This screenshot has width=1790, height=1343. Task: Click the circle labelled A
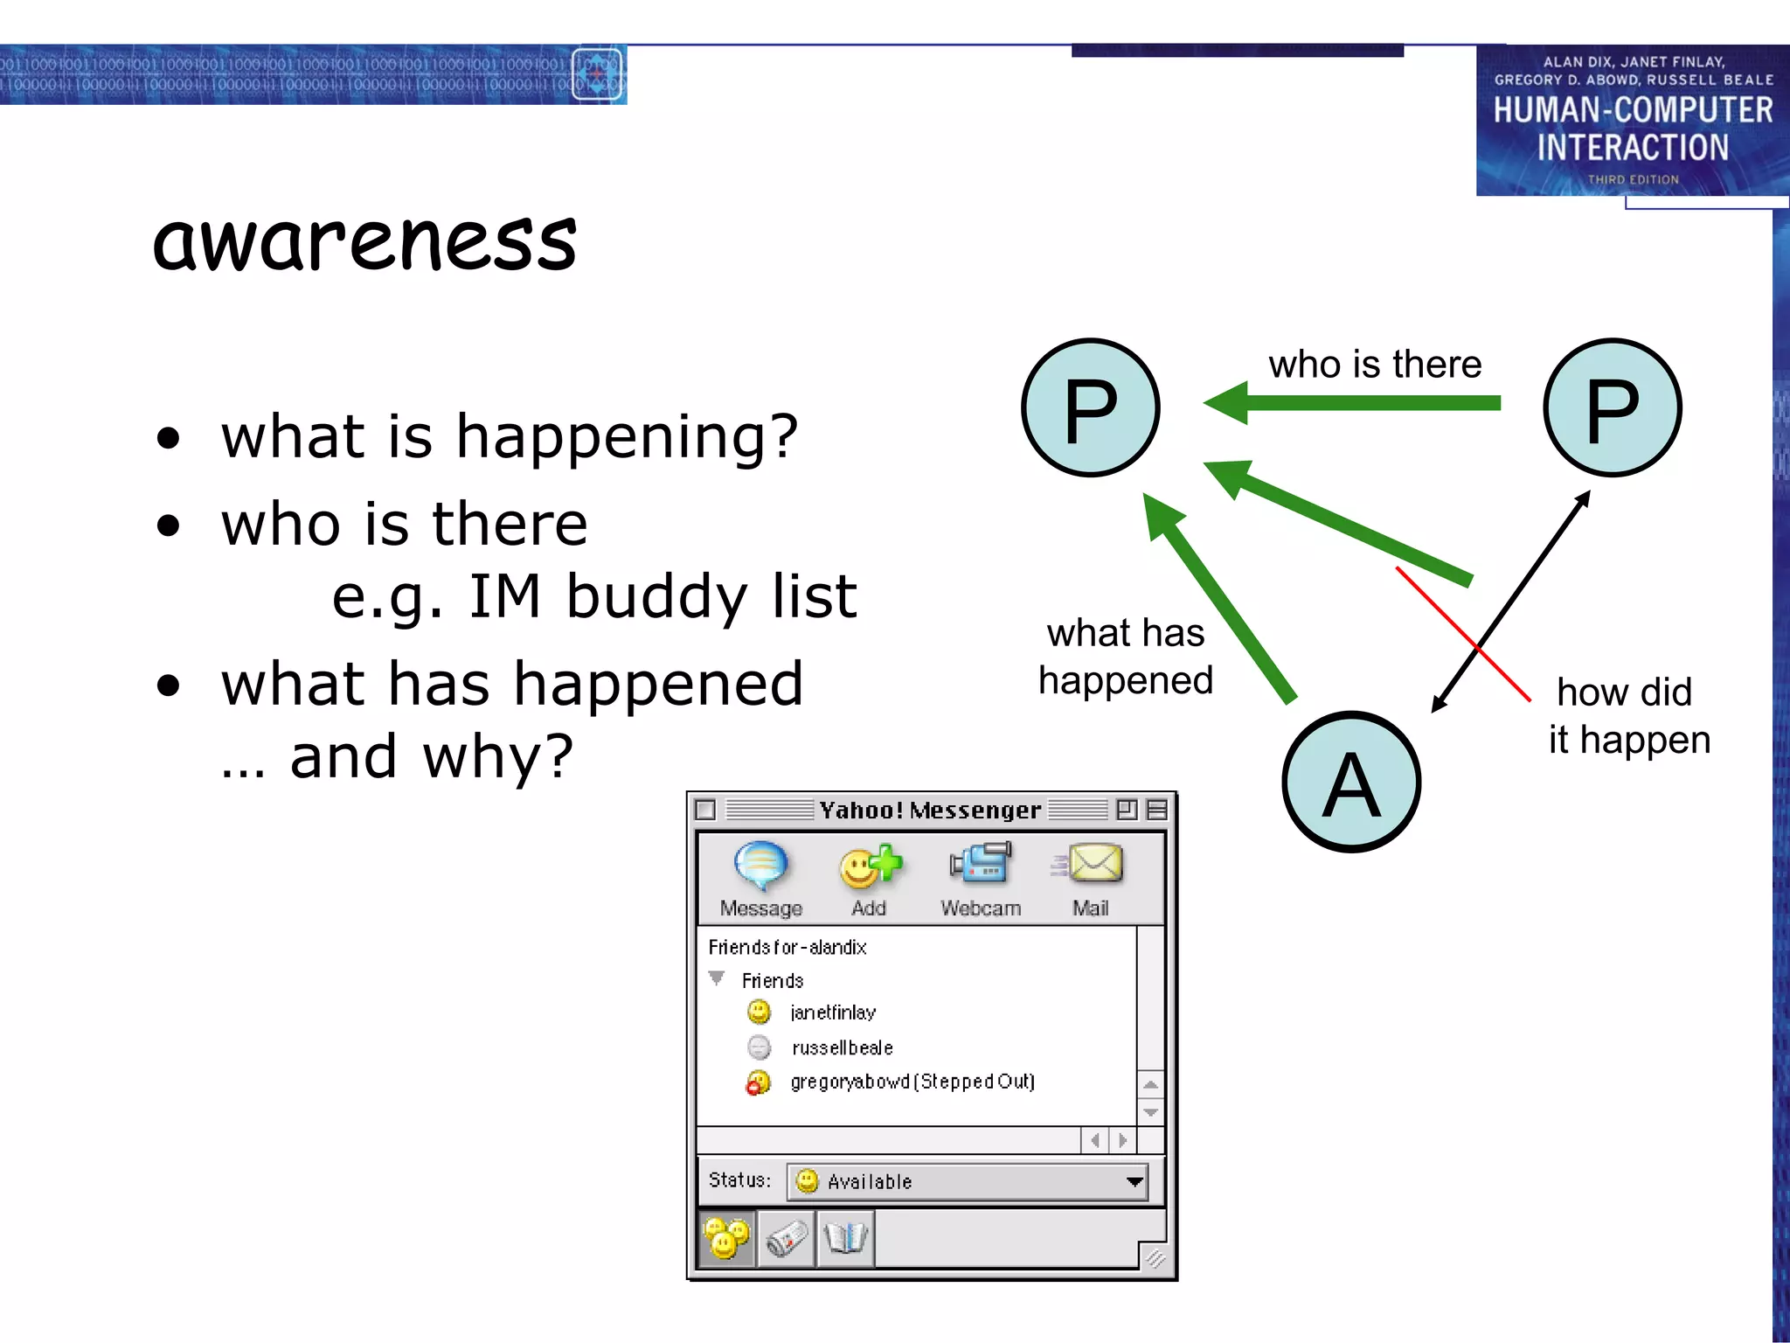[x=1350, y=783]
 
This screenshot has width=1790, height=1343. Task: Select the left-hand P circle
[x=1090, y=407]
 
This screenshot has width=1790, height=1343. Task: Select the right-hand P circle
[x=1612, y=407]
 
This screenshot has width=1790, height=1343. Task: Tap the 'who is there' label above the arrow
[x=1374, y=365]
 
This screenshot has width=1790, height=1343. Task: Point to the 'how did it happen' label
[x=1627, y=715]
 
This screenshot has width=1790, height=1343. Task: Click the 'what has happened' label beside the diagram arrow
[x=1125, y=656]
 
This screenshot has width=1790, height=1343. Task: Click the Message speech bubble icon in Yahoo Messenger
[x=760, y=866]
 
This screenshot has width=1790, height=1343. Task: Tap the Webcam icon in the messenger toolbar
[x=981, y=864]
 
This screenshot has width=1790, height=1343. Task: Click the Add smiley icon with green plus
[x=869, y=866]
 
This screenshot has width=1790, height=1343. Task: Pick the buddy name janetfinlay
[x=832, y=1012]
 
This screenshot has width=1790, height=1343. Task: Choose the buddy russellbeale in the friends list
[x=842, y=1047]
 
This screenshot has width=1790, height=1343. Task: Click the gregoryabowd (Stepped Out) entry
[x=912, y=1082]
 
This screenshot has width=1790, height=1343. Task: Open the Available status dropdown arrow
[x=1134, y=1182]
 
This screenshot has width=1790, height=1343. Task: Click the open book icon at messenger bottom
[x=845, y=1238]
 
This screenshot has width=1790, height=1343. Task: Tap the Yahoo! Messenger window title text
[x=930, y=811]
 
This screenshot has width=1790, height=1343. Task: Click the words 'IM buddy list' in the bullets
[x=663, y=597]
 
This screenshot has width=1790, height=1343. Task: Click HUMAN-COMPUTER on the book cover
[x=1632, y=111]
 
